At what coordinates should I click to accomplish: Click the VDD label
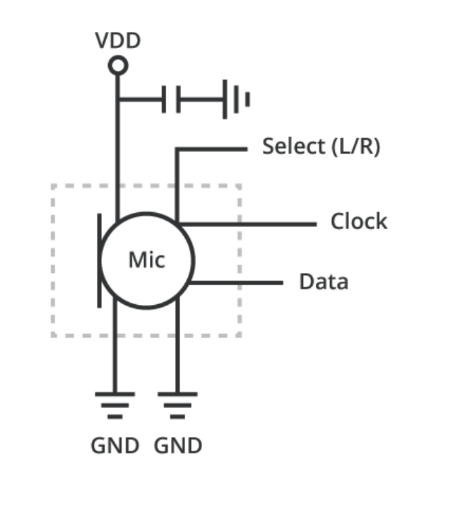(x=118, y=40)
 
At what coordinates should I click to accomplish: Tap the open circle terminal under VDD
(x=118, y=66)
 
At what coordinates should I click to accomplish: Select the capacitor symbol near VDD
(x=172, y=99)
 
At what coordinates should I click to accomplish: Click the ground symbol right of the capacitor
(x=235, y=99)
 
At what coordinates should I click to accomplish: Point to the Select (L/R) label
(x=321, y=147)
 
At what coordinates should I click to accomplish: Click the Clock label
(x=359, y=221)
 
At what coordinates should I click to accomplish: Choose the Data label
(x=324, y=282)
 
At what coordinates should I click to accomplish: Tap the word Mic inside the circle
(x=146, y=260)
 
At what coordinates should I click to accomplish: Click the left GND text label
(x=114, y=446)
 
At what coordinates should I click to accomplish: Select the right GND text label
(x=178, y=446)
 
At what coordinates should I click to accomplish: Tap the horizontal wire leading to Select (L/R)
(x=212, y=149)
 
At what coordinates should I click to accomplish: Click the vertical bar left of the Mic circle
(x=99, y=260)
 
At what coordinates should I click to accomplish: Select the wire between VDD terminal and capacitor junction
(x=118, y=85)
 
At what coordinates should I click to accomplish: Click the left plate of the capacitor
(x=164, y=99)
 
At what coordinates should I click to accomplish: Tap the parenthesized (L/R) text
(x=355, y=147)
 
